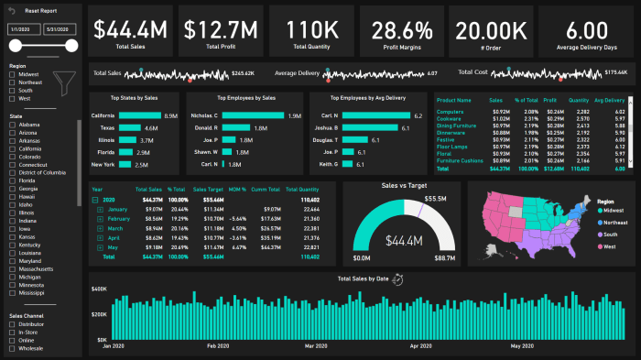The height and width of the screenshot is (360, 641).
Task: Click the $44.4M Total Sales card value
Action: [131, 30]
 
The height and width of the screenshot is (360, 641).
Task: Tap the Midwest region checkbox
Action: [13, 73]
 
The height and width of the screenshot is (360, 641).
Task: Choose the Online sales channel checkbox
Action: [13, 341]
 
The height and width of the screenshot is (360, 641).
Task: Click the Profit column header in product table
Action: [549, 101]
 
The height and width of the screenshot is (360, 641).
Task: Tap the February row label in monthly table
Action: [119, 220]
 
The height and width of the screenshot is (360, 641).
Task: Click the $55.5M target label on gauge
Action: [436, 199]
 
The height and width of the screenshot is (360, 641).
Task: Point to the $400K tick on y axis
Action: [98, 289]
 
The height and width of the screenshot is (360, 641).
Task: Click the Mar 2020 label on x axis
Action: [315, 347]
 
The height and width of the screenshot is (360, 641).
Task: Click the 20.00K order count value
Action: [492, 30]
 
